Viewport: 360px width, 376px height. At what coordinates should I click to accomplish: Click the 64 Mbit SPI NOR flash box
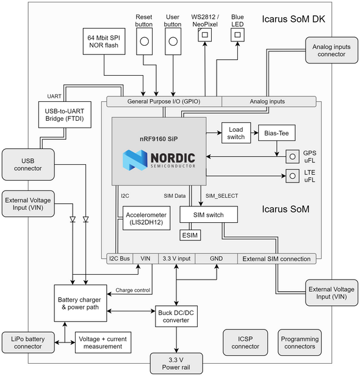coord(104,42)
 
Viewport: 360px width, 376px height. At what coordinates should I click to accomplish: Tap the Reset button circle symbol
coord(144,42)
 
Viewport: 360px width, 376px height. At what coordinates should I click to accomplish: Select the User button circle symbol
coord(173,42)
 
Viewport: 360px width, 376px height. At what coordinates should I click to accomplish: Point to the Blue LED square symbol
coord(237,35)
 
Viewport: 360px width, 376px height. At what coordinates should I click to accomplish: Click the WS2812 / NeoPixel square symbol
coord(204,35)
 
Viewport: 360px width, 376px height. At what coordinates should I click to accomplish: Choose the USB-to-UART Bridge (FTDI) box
coord(65,115)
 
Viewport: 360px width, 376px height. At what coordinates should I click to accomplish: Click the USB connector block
coord(28,165)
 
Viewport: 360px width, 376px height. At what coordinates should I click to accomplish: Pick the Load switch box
coord(236,133)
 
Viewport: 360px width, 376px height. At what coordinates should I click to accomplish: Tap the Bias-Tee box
coord(276,133)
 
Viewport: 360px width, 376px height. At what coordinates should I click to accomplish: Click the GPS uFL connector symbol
coord(292,157)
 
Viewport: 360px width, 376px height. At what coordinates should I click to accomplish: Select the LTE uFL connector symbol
coord(292,176)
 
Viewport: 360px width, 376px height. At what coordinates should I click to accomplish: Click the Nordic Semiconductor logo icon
coord(135,160)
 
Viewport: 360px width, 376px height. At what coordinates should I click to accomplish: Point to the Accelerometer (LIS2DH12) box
coord(146,218)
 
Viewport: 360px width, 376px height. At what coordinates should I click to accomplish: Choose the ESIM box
coord(190,235)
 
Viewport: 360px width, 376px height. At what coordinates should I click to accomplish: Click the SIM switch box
coord(209,214)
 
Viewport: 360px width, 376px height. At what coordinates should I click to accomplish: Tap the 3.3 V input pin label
coord(177,259)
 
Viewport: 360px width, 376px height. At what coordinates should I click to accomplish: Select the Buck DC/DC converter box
coord(176,316)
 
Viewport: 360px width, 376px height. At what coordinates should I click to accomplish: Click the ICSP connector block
coord(245,342)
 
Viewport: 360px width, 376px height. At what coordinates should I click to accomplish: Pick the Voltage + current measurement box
coord(103,342)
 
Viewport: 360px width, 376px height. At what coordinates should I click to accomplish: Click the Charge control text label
coord(133,290)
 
